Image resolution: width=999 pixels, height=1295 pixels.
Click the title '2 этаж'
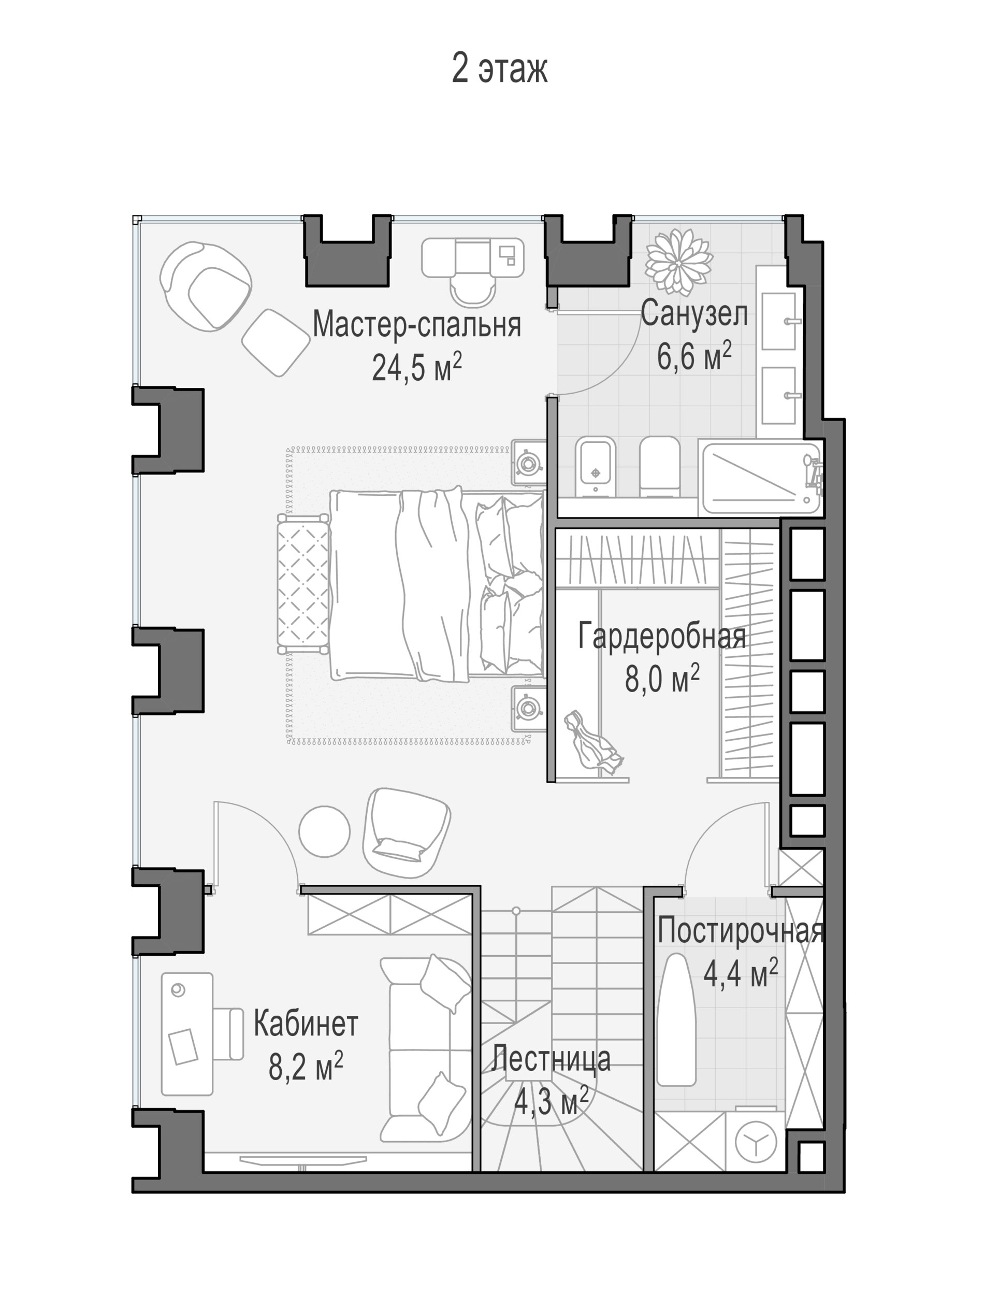coord(499,69)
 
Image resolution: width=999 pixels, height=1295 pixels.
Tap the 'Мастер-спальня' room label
coord(416,325)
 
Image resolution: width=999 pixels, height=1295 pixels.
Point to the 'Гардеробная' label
coord(662,636)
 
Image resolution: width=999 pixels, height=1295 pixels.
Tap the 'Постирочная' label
coord(741,930)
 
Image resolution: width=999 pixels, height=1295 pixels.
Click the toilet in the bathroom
coord(659,466)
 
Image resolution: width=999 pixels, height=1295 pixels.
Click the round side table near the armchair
coord(324,831)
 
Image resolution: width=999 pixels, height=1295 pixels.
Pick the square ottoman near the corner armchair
coord(276,342)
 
